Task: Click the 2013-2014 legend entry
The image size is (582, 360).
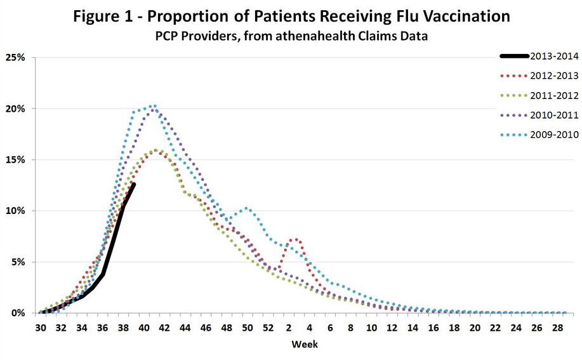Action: pyautogui.click(x=554, y=56)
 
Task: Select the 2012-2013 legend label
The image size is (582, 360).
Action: pyautogui.click(x=554, y=76)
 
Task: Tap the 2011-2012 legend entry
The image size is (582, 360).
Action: pyautogui.click(x=554, y=95)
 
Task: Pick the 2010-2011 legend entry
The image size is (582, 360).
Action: pyautogui.click(x=554, y=115)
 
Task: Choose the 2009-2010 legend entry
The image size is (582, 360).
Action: pyautogui.click(x=554, y=135)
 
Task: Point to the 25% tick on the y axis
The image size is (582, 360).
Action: pyautogui.click(x=15, y=57)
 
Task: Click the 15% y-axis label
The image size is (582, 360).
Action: pyautogui.click(x=15, y=159)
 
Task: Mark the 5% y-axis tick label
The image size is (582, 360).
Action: pyautogui.click(x=17, y=262)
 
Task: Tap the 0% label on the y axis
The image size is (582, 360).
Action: pyautogui.click(x=17, y=313)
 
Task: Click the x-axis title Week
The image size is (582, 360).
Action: pyautogui.click(x=305, y=344)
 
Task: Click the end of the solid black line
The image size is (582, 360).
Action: pyautogui.click(x=133, y=184)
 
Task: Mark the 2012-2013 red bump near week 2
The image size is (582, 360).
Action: pyautogui.click(x=294, y=239)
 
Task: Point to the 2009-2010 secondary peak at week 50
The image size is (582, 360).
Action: pyautogui.click(x=247, y=208)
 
